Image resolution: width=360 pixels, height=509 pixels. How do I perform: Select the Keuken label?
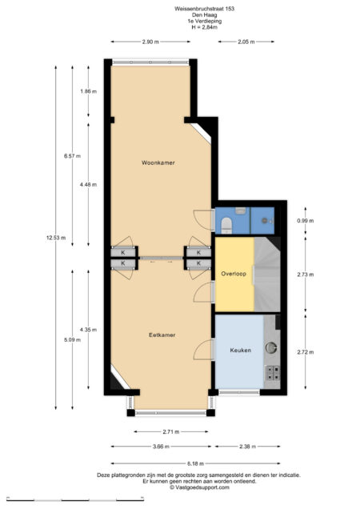coord(241,351)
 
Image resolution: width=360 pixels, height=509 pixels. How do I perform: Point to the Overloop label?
coord(233,273)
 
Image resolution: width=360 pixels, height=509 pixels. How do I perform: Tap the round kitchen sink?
coord(272,348)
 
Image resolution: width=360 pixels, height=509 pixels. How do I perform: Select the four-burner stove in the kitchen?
coord(271,372)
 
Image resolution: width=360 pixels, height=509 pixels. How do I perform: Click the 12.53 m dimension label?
coord(56,237)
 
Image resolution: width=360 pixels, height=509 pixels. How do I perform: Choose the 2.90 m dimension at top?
coord(150,42)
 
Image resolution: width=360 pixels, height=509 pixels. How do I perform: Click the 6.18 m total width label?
coord(196,463)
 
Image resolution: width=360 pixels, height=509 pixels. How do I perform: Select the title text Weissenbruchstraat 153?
coord(205,8)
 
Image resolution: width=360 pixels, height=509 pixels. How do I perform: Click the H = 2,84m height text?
coord(205,27)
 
